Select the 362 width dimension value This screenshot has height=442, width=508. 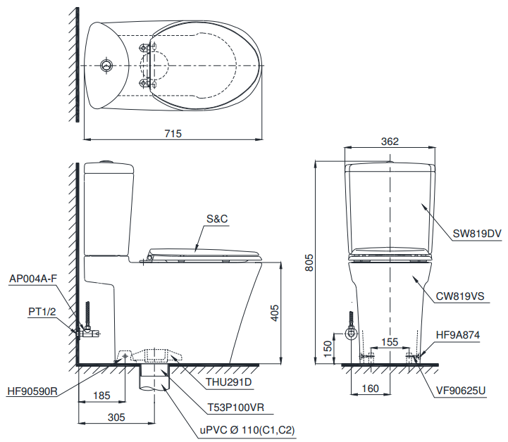(390, 141)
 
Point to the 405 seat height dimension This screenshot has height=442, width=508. (275, 312)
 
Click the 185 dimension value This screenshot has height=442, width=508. (101, 396)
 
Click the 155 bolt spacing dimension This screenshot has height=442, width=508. (389, 341)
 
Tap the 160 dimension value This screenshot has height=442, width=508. (370, 388)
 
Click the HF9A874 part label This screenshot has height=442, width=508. (458, 336)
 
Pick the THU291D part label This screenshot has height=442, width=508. (229, 383)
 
